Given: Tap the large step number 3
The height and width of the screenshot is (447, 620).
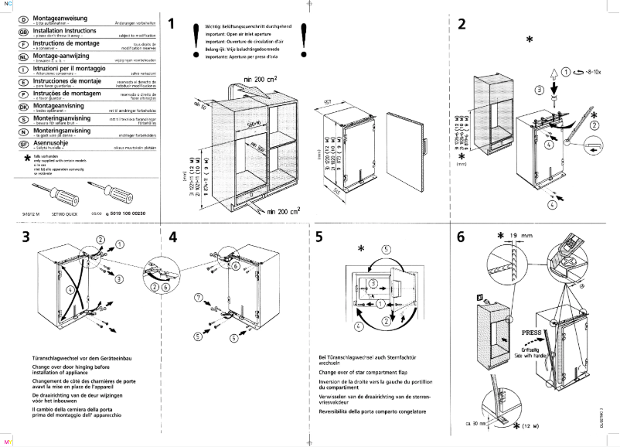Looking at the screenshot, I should click(26, 237).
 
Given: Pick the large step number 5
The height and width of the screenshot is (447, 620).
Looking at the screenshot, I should click(319, 237).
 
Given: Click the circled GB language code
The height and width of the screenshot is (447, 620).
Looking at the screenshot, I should click(23, 32).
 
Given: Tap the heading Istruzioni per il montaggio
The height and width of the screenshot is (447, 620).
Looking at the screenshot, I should click(70, 70).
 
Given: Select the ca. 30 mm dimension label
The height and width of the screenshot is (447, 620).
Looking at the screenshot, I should click(476, 424).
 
